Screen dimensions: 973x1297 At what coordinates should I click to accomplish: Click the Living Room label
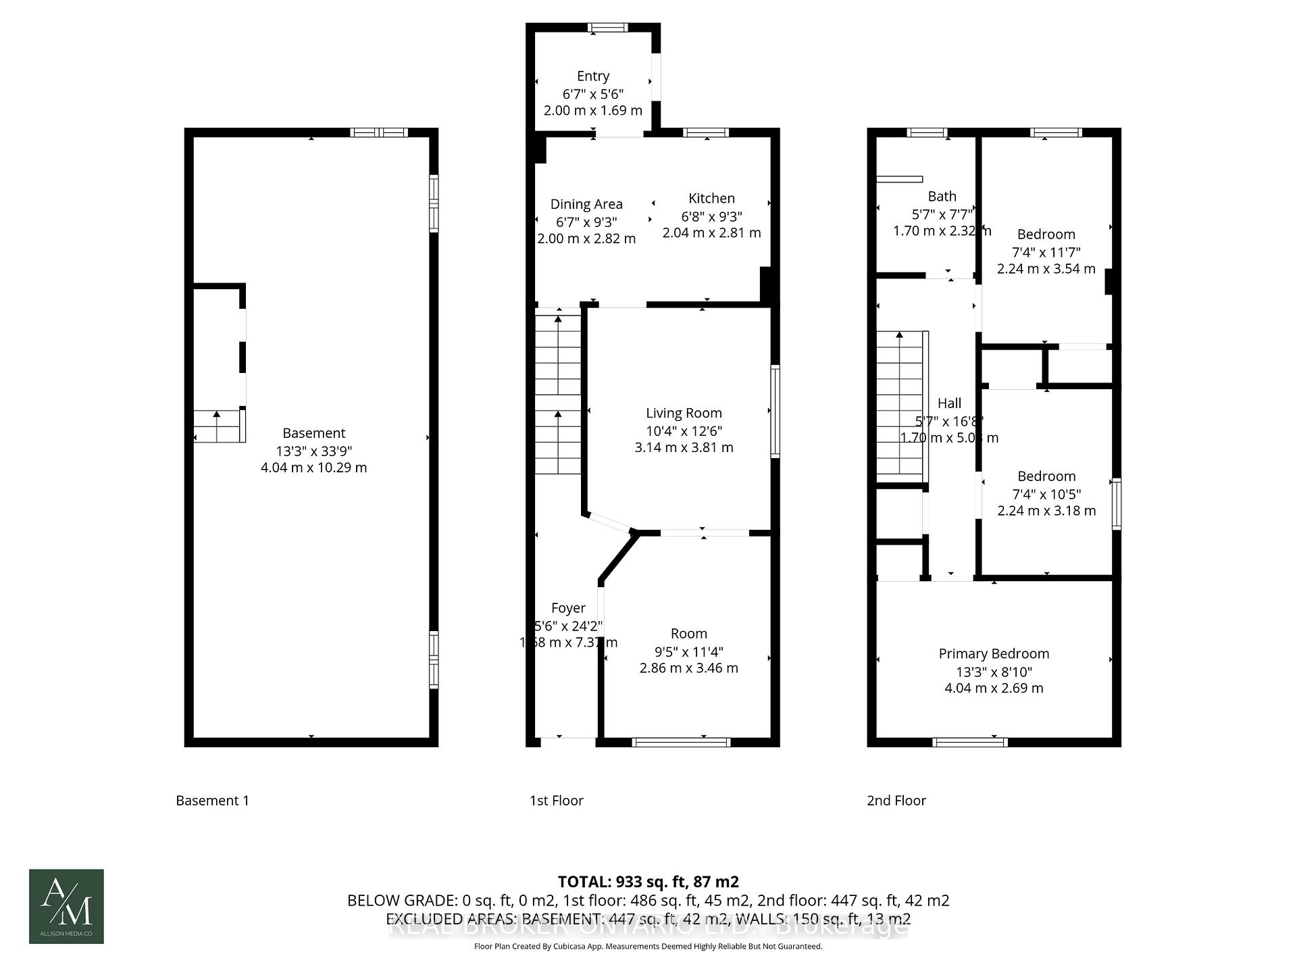[684, 413]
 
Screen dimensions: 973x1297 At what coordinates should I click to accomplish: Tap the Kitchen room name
[711, 198]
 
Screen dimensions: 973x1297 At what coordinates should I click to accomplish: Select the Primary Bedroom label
[994, 653]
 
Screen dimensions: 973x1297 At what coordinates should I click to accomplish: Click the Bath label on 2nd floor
[942, 196]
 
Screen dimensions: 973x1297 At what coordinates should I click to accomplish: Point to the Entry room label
[593, 76]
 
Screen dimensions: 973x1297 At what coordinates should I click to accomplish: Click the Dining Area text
[586, 204]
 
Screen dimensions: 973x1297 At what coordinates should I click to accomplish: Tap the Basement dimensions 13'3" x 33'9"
[313, 451]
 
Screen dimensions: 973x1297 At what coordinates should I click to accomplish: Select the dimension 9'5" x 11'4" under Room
[688, 651]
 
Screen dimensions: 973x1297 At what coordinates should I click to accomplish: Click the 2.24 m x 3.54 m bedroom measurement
[1046, 268]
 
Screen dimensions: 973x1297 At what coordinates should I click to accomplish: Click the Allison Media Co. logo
[66, 906]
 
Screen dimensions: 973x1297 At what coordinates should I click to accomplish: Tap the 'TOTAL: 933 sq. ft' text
[648, 881]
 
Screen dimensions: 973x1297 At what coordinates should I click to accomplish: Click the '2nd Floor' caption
[896, 801]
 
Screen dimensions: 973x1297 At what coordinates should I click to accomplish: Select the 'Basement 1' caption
[212, 801]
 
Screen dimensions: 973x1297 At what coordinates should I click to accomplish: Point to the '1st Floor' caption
[556, 801]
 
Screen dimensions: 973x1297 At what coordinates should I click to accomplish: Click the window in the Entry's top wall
[607, 28]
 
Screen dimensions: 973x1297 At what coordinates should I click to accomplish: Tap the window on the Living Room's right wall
[775, 411]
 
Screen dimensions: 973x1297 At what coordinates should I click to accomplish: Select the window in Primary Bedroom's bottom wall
[970, 742]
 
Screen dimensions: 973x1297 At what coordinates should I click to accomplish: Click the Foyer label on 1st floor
[568, 607]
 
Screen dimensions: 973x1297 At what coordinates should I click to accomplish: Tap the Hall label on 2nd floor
[949, 403]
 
